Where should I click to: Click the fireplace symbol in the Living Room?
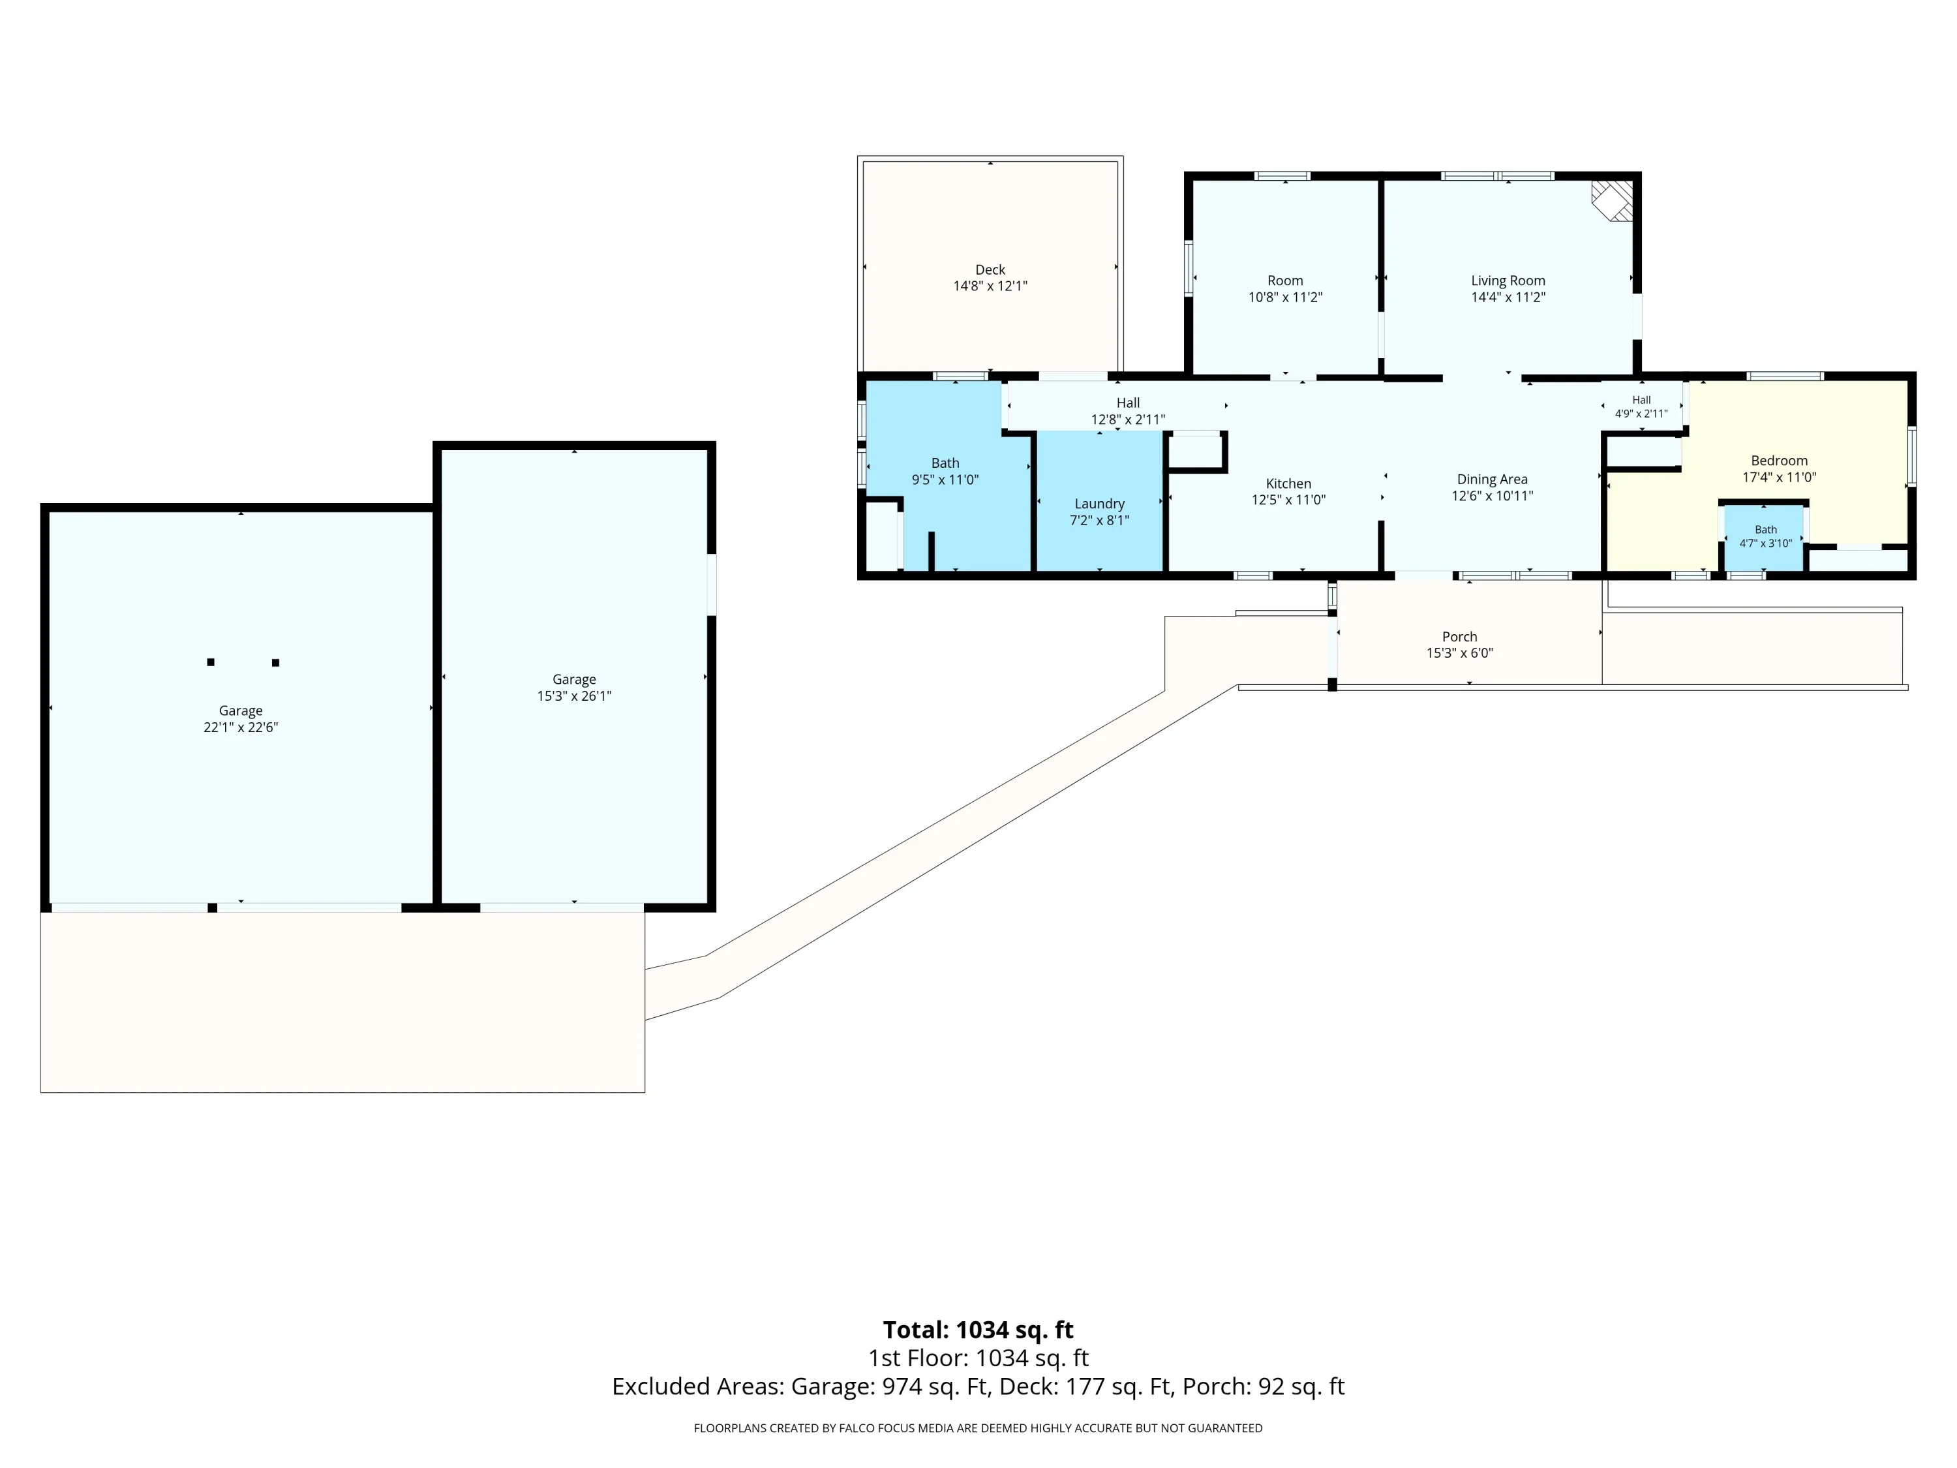[1613, 202]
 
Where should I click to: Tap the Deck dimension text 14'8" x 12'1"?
[990, 286]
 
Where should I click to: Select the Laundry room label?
[1100, 504]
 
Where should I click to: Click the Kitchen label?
[1288, 483]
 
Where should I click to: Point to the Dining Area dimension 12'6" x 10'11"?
[1493, 495]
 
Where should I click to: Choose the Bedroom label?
[1779, 460]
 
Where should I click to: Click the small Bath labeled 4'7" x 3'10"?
[1766, 536]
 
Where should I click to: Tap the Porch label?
[1460, 636]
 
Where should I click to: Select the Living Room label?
[1508, 281]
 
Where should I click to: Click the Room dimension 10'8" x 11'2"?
[1286, 298]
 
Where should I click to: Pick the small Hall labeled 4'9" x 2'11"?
[1641, 407]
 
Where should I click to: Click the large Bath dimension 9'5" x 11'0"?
[945, 480]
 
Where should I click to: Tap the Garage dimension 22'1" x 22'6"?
[241, 727]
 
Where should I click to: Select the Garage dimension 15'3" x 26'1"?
[574, 696]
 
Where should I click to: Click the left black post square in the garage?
[211, 662]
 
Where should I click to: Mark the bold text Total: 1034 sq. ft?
[978, 1330]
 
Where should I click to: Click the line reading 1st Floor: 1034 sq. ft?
[978, 1358]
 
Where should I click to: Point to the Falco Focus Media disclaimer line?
[978, 1428]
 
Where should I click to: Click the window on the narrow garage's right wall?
[711, 584]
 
